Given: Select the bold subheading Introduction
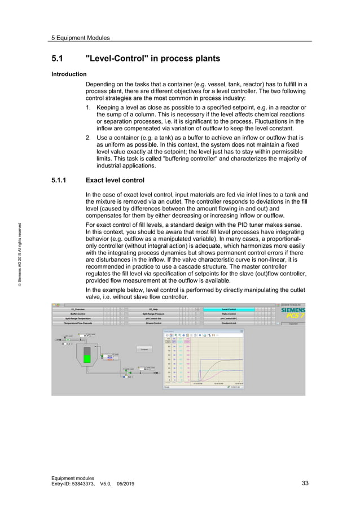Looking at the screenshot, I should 69,74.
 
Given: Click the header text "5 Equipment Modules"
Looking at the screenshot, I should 80,38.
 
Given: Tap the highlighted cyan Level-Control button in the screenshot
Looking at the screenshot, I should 229,309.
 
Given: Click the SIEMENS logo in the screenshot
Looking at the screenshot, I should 292,311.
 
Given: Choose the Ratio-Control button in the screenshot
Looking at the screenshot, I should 229,314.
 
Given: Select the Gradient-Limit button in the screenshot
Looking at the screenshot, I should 229,323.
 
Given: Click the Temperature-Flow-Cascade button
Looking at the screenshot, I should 77,323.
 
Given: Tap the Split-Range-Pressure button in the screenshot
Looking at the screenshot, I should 153,314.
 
